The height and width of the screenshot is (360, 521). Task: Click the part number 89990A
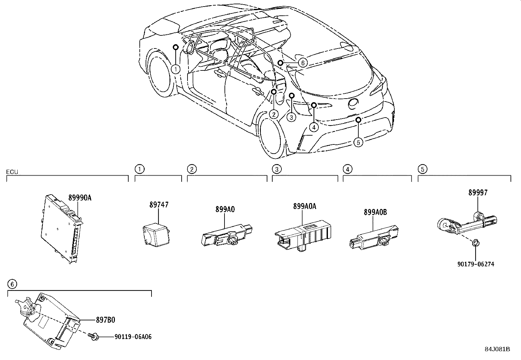pyautogui.click(x=80, y=198)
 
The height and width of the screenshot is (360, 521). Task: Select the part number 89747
pyautogui.click(x=159, y=205)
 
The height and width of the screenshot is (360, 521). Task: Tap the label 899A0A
pyautogui.click(x=305, y=206)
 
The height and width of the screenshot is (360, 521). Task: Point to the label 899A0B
pyautogui.click(x=375, y=213)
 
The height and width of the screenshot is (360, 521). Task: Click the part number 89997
pyautogui.click(x=477, y=193)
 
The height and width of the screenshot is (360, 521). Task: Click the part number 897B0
pyautogui.click(x=105, y=320)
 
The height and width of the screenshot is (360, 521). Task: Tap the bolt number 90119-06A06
pyautogui.click(x=133, y=336)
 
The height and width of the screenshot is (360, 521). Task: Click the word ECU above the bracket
pyautogui.click(x=12, y=172)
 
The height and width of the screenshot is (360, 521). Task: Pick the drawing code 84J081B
pyautogui.click(x=497, y=349)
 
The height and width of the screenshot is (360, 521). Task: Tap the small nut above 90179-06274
pyautogui.click(x=476, y=243)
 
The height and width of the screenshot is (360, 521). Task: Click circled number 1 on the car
pyautogui.click(x=176, y=69)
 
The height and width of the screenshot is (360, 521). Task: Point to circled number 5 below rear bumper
pyautogui.click(x=358, y=142)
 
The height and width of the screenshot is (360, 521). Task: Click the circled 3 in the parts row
pyautogui.click(x=277, y=169)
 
